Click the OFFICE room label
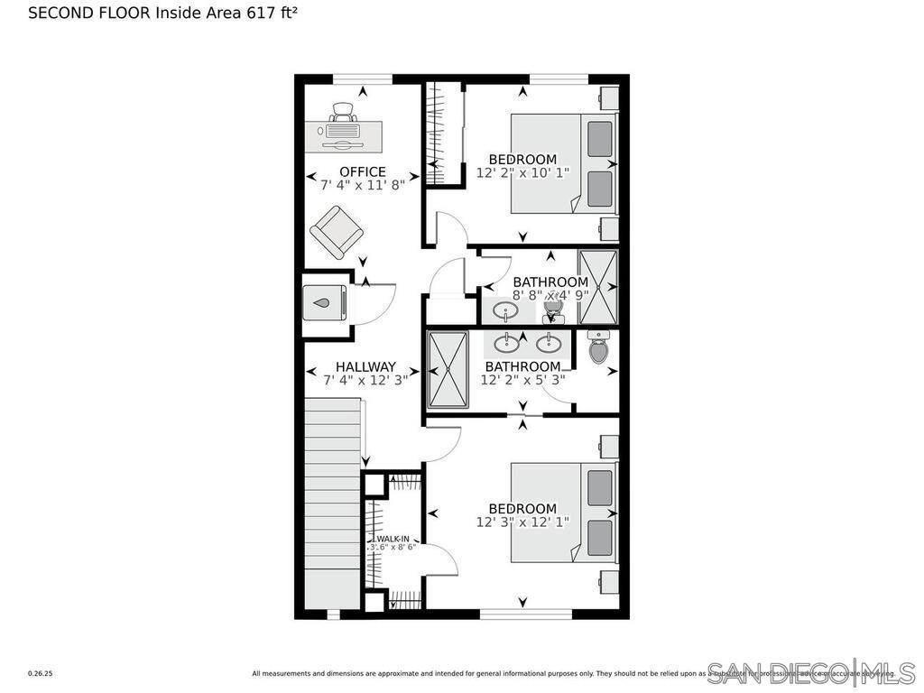pos(362,171)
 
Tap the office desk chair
pos(343,113)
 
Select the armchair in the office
pos(337,232)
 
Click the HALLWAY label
pos(365,366)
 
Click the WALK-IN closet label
pos(393,539)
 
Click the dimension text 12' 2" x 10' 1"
pos(522,172)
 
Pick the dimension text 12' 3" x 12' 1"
pos(522,522)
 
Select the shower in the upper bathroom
pos(597,287)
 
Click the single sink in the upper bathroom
pos(505,311)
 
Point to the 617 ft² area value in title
pos(273,13)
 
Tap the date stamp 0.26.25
pos(41,673)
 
